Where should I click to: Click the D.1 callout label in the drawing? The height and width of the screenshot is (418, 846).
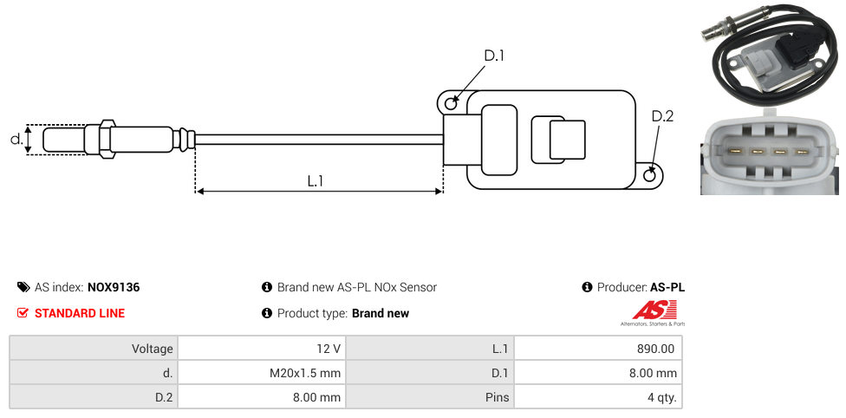[x=494, y=56]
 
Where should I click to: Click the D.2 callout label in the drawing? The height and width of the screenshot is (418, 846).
[x=662, y=117]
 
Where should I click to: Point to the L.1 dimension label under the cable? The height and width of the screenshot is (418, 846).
[x=316, y=180]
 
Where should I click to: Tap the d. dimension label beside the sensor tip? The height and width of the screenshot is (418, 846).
[x=16, y=139]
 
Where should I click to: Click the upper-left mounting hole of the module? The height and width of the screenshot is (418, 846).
[x=451, y=104]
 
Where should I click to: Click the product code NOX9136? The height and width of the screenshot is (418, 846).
[x=114, y=287]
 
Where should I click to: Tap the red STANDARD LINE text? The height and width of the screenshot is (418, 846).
[x=80, y=313]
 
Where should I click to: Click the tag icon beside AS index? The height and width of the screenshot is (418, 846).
[x=23, y=287]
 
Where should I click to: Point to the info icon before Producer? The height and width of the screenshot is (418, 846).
[x=587, y=287]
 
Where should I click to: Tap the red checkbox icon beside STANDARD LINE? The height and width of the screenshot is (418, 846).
[x=23, y=313]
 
